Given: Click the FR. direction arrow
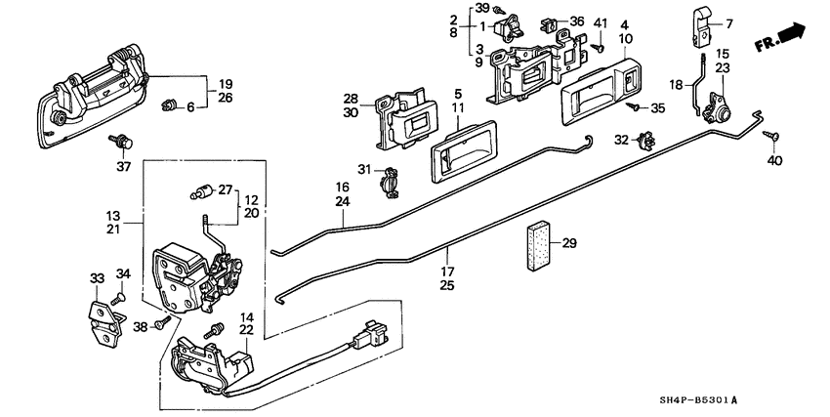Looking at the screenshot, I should (x=781, y=39).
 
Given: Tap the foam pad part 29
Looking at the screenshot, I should (x=538, y=249).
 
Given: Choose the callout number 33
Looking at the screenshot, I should (x=98, y=279).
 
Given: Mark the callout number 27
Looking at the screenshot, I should (x=226, y=190).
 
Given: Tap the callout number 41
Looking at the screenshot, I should (x=600, y=21).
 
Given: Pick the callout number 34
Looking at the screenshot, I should (x=123, y=273).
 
